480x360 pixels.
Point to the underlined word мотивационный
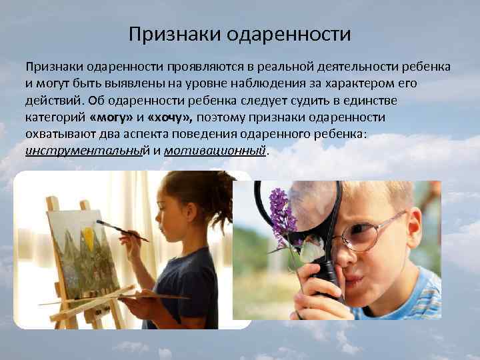(217, 151)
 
